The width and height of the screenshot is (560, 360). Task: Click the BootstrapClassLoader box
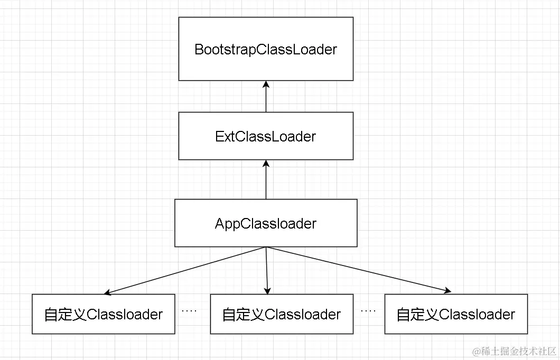point(266,49)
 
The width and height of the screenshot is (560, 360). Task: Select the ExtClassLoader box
point(266,136)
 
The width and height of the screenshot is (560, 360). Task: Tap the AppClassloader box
point(266,223)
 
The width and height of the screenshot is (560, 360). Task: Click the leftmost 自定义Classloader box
point(103,314)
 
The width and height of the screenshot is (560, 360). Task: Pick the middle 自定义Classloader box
point(281,314)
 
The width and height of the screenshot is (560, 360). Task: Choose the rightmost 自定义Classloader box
point(456,314)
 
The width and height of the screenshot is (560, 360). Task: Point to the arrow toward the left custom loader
point(185,270)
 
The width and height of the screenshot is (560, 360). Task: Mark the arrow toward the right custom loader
point(359,269)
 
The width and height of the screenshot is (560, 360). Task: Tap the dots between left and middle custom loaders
point(189,311)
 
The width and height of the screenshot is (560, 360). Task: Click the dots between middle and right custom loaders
point(368,311)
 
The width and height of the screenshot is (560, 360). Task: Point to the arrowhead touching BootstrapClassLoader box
point(266,84)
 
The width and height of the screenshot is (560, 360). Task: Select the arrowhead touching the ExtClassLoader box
point(266,164)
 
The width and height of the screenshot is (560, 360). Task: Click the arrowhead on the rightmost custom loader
point(447,290)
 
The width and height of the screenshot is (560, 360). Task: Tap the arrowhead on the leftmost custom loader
point(108,292)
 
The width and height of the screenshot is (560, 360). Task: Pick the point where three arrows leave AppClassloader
point(266,247)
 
